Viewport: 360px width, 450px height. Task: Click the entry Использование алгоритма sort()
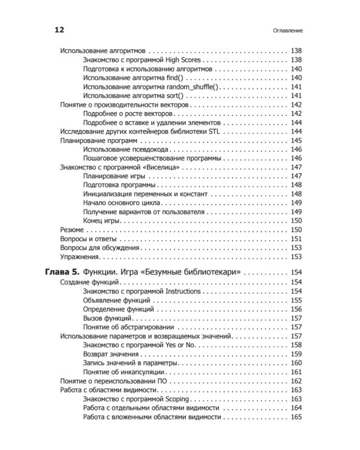pos(133,96)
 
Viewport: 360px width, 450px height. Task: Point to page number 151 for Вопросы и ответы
pos(296,239)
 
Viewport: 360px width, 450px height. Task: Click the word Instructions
pos(183,291)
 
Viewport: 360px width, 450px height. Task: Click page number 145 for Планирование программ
pos(296,140)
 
